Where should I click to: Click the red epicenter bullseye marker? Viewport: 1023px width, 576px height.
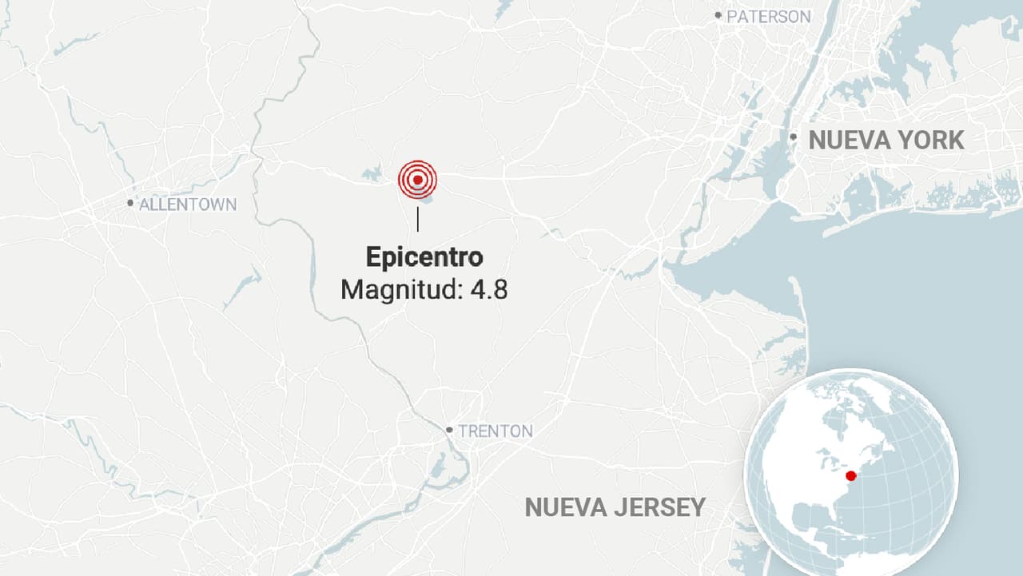(418, 180)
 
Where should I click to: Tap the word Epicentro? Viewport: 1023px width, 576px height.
(424, 257)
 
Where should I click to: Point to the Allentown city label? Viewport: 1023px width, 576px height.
(188, 205)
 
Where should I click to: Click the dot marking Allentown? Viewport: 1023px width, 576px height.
(130, 203)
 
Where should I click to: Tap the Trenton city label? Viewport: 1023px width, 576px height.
(495, 431)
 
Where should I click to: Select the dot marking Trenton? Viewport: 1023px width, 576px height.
(450, 430)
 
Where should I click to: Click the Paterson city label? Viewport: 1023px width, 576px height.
(768, 16)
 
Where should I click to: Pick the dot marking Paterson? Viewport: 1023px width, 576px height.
(718, 15)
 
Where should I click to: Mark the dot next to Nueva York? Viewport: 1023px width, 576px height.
(793, 137)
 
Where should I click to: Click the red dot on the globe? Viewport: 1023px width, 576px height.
(851, 476)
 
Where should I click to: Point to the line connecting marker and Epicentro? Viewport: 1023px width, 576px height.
(418, 218)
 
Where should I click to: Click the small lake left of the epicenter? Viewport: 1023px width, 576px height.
(372, 172)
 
